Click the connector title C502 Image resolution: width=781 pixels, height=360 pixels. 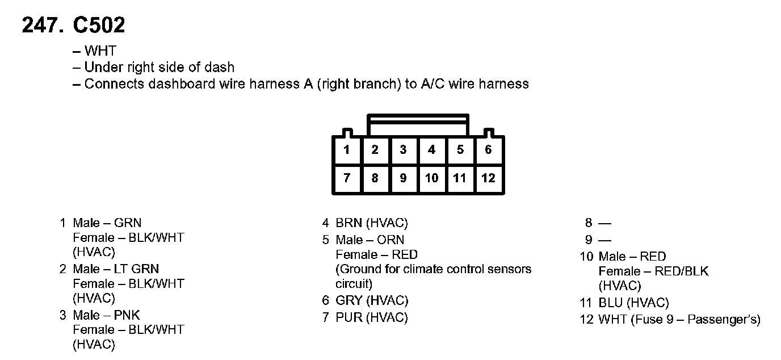point(99,25)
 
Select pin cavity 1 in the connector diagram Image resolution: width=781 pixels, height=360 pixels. point(347,150)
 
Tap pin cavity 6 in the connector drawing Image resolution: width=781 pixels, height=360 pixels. point(489,150)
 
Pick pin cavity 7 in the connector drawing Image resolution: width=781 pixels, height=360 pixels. point(347,178)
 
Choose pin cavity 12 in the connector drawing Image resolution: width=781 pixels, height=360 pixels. point(489,178)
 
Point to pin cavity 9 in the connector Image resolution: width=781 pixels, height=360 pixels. point(403,178)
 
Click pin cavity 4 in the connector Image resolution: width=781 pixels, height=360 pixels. point(432,150)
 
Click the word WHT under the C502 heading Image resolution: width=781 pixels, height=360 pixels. point(100,52)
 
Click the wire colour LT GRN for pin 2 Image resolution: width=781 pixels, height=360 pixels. point(137,269)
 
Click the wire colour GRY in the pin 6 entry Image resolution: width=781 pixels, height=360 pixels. point(349,301)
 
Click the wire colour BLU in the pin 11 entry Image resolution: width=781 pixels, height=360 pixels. point(611,303)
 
